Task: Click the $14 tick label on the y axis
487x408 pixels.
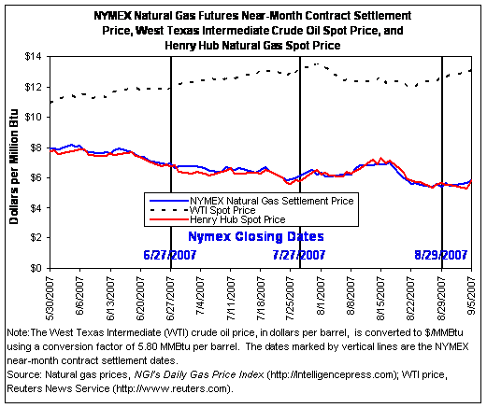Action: [x=33, y=57]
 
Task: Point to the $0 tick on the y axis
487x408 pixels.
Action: [x=36, y=268]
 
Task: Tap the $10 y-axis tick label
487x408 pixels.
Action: [x=33, y=118]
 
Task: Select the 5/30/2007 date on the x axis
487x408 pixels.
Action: [x=50, y=298]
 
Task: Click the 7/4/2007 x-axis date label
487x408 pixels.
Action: [x=200, y=295]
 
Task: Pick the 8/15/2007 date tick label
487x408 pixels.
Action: [x=380, y=298]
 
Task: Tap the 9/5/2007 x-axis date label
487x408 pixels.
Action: [x=471, y=295]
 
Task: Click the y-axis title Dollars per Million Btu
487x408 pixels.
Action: [x=14, y=166]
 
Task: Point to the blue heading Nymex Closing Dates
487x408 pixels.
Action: [x=256, y=236]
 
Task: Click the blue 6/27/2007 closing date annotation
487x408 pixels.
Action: [x=170, y=255]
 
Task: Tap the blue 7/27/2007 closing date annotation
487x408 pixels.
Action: [x=299, y=255]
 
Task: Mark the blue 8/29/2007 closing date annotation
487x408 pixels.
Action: [x=440, y=255]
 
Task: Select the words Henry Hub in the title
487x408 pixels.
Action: [x=192, y=46]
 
